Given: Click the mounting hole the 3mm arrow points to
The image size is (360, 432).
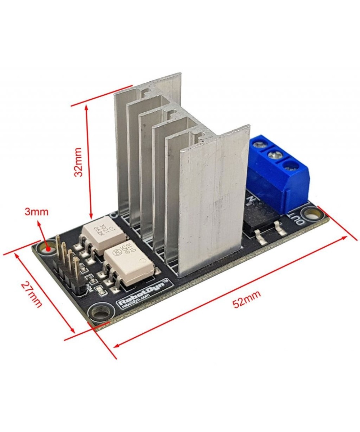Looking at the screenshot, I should pos(47,248).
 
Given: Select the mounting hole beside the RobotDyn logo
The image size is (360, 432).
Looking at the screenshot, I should pos(98,311).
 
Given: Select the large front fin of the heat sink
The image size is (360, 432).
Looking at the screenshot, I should pos(212,202).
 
